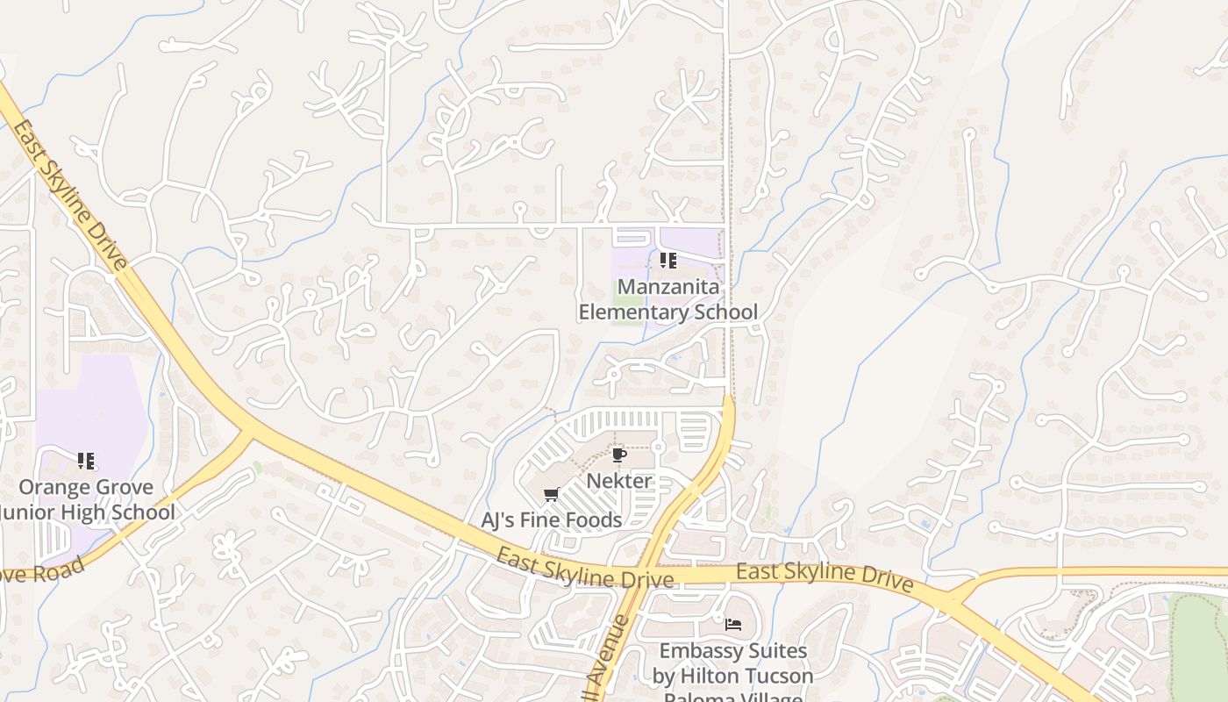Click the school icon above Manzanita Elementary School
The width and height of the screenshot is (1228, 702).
[x=668, y=261]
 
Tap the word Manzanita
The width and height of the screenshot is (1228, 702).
[x=668, y=287]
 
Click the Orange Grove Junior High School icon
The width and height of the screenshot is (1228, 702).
[x=86, y=461]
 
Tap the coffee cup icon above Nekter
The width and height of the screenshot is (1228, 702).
[x=618, y=455]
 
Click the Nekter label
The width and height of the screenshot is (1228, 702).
[x=619, y=481]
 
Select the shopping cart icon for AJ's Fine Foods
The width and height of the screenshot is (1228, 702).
[x=552, y=494]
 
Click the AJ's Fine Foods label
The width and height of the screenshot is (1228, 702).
[x=552, y=520]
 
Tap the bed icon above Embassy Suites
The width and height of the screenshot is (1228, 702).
[x=733, y=625]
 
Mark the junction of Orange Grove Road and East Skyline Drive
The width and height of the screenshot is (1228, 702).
[x=250, y=427]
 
